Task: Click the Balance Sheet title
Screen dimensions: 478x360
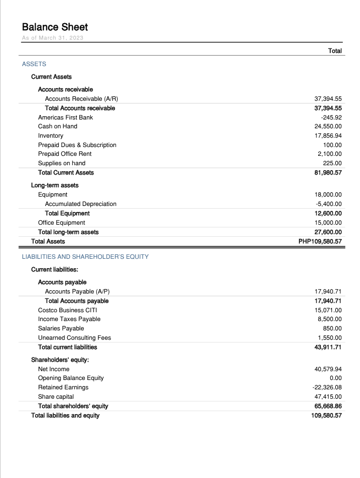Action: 54,27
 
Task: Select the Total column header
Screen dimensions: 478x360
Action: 335,51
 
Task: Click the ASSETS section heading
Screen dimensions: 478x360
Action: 34,64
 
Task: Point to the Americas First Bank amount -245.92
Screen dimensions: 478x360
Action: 331,117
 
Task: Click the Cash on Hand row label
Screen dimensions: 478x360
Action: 57,127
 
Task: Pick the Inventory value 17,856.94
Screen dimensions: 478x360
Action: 328,135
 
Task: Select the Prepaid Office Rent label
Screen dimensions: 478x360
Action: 64,154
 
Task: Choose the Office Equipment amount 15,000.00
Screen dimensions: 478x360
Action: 328,222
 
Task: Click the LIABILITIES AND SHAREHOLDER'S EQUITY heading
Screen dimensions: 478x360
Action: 85,257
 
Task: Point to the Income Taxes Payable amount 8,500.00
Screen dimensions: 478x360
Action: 330,319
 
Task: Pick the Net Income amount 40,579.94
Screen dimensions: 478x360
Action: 328,369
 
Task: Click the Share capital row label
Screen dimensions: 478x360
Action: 56,396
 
